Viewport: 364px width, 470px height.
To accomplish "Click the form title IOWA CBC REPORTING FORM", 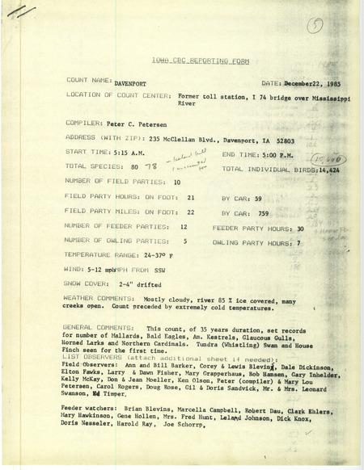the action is click(x=183, y=61).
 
